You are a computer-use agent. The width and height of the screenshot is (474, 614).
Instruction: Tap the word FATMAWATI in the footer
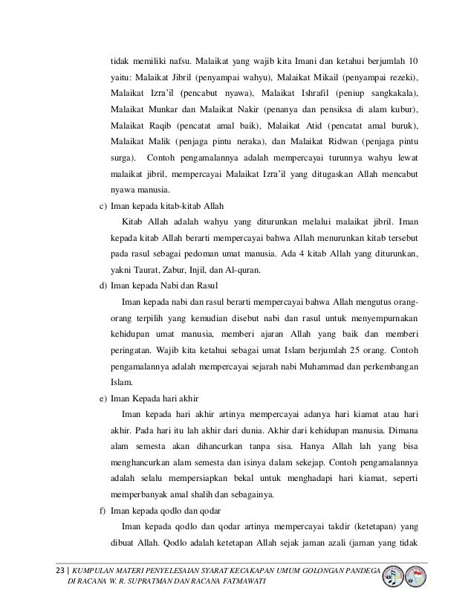pyautogui.click(x=239, y=581)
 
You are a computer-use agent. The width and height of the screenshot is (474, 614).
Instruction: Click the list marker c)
pyautogui.click(x=102, y=205)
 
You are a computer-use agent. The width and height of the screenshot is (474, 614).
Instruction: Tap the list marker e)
pyautogui.click(x=102, y=398)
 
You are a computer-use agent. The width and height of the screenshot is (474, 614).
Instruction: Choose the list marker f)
pyautogui.click(x=102, y=511)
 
